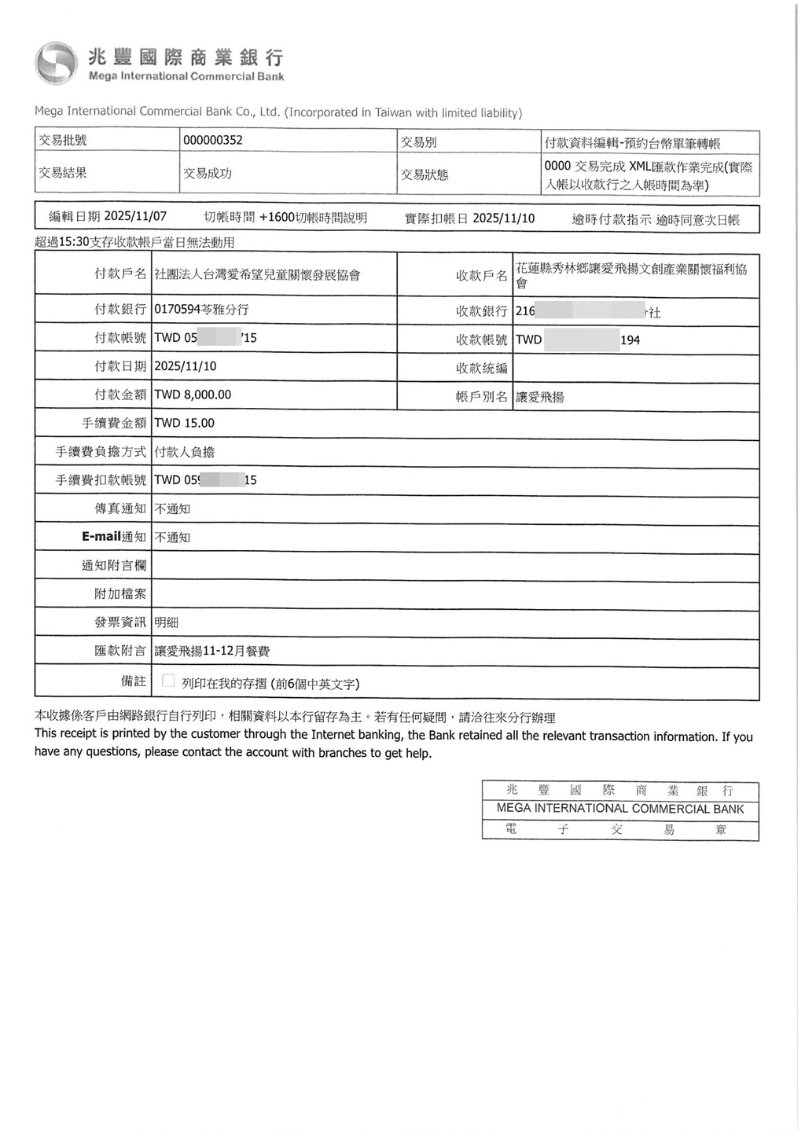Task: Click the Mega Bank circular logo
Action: [56, 64]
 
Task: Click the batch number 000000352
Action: [213, 141]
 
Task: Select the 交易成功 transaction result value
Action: [208, 174]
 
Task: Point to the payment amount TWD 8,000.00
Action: [193, 395]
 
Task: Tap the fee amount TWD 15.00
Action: [184, 423]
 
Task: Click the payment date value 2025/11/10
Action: [186, 366]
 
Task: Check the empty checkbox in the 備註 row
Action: [168, 681]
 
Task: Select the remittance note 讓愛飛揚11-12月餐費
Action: [212, 652]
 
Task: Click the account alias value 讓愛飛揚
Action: [539, 398]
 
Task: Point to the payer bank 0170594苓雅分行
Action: [201, 310]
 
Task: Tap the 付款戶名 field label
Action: [120, 274]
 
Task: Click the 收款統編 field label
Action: [481, 369]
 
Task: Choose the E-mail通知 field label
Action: [114, 537]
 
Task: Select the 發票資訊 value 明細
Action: [167, 622]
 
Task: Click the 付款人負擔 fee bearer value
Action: [185, 452]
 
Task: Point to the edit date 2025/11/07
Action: [135, 216]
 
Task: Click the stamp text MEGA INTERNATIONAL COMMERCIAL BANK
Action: [620, 809]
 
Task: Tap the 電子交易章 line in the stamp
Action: [620, 830]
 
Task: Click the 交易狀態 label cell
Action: [425, 174]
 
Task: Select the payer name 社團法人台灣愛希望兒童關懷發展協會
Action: [257, 275]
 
